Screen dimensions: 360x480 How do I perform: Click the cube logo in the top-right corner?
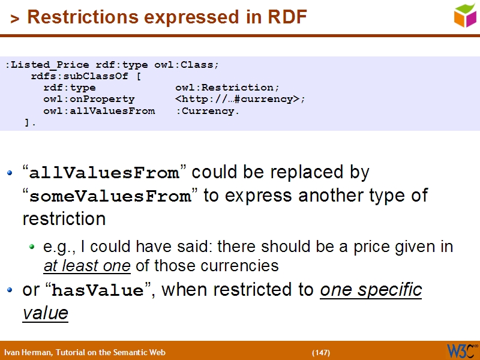[x=464, y=16]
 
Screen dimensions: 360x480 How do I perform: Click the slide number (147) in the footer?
[x=321, y=352]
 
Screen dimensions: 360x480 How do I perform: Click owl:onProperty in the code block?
[x=89, y=99]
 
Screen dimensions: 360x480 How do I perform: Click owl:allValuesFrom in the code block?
[x=99, y=111]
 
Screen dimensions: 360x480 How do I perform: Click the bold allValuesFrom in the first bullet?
[x=104, y=174]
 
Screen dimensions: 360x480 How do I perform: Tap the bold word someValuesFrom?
[x=109, y=197]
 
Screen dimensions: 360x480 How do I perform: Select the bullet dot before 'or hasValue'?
[x=9, y=290]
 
